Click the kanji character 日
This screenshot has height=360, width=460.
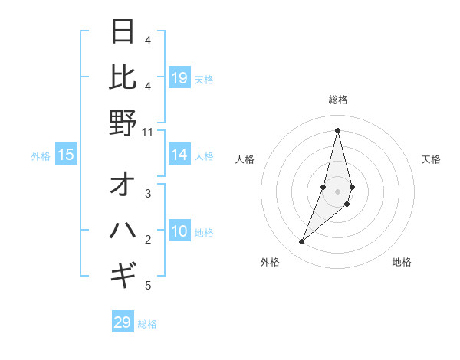click(123, 32)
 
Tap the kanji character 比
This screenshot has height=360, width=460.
click(123, 77)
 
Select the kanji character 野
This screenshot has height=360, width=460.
click(123, 123)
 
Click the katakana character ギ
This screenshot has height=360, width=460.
click(123, 273)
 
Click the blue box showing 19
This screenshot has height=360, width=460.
click(179, 78)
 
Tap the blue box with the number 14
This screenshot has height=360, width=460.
click(179, 155)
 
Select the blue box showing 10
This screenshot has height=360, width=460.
click(179, 231)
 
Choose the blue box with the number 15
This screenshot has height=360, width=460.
click(66, 155)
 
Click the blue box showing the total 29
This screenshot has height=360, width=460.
click(123, 322)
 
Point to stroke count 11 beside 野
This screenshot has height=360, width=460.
click(148, 132)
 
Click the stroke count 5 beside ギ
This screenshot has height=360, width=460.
click(148, 286)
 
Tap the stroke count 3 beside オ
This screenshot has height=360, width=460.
click(148, 194)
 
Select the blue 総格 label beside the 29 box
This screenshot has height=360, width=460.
click(147, 324)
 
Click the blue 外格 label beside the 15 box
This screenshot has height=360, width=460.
click(41, 156)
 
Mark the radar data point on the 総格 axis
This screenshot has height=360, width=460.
click(337, 130)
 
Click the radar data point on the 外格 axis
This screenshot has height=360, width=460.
click(302, 242)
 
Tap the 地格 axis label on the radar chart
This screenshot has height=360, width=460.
click(402, 262)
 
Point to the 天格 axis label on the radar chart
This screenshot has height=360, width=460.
click(431, 159)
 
